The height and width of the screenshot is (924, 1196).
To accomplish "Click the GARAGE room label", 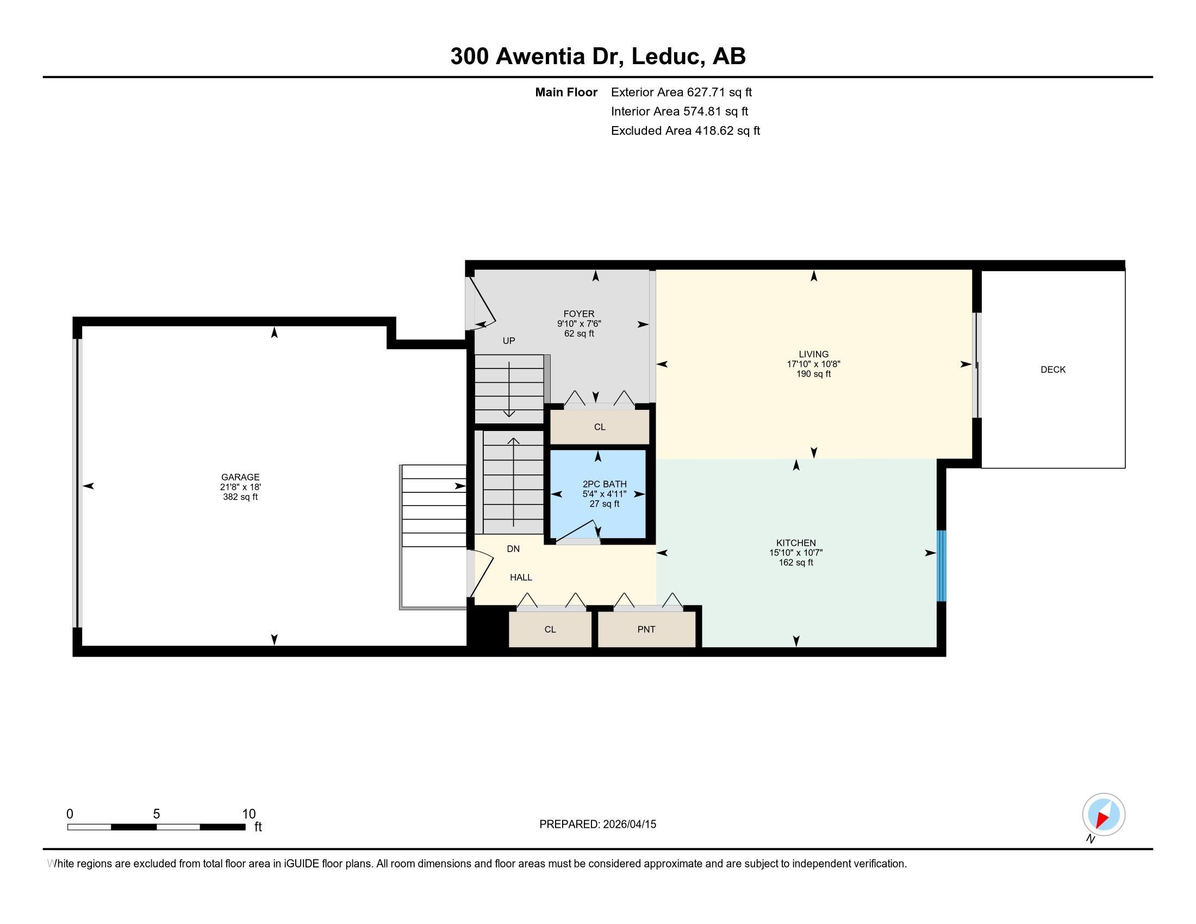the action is click(240, 477).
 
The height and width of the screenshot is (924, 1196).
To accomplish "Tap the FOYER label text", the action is click(579, 314).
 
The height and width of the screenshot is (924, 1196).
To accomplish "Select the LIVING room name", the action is click(813, 354).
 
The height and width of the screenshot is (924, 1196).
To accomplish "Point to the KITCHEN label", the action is click(796, 543).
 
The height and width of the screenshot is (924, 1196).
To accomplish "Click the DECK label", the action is click(1053, 370).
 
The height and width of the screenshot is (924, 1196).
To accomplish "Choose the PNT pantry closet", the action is click(646, 629).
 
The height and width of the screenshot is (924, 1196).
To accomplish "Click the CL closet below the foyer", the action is click(600, 427).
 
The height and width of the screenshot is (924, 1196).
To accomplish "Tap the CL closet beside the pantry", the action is click(550, 629).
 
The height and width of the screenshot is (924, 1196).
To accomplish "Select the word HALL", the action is click(521, 577).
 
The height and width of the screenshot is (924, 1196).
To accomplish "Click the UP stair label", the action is click(509, 340).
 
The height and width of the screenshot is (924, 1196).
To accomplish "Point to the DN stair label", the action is click(513, 548).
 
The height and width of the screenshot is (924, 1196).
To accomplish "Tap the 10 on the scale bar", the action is click(248, 814).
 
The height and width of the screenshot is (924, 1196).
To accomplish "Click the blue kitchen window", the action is click(942, 565).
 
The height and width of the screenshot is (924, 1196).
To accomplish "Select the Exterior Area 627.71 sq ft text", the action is click(681, 92).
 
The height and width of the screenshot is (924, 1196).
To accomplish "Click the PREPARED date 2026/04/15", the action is click(628, 824).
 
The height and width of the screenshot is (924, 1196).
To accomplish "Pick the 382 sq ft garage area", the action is click(240, 497).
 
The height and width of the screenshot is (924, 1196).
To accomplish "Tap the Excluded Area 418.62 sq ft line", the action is click(686, 130).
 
